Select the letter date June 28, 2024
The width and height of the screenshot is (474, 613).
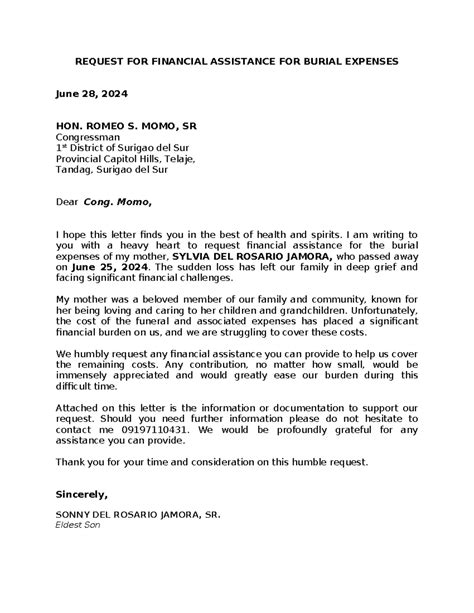click(x=88, y=95)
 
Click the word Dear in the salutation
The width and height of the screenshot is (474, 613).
click(x=66, y=201)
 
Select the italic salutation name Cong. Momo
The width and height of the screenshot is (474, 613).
click(x=119, y=201)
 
